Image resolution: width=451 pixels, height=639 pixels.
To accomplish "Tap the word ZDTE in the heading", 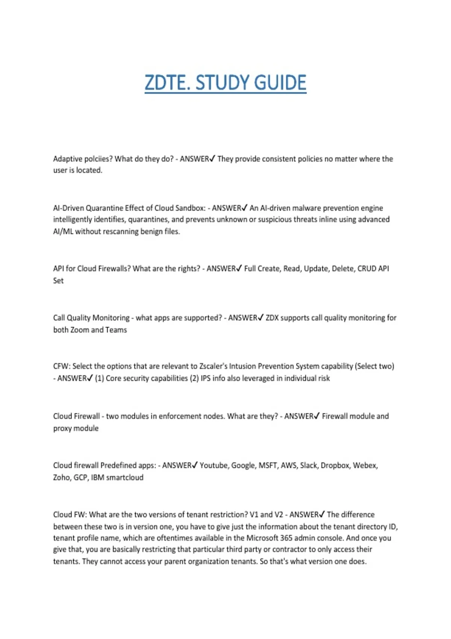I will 164,83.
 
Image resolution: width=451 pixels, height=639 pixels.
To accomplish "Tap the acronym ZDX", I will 272,318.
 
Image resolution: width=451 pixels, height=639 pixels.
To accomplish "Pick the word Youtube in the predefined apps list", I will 213,466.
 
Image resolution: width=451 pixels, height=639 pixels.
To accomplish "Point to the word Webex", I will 365,466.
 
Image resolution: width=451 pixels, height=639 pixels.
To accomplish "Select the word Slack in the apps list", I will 309,466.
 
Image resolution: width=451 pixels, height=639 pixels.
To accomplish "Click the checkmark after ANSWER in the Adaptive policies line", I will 212,159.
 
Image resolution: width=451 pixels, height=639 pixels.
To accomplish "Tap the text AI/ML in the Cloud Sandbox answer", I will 63,232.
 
